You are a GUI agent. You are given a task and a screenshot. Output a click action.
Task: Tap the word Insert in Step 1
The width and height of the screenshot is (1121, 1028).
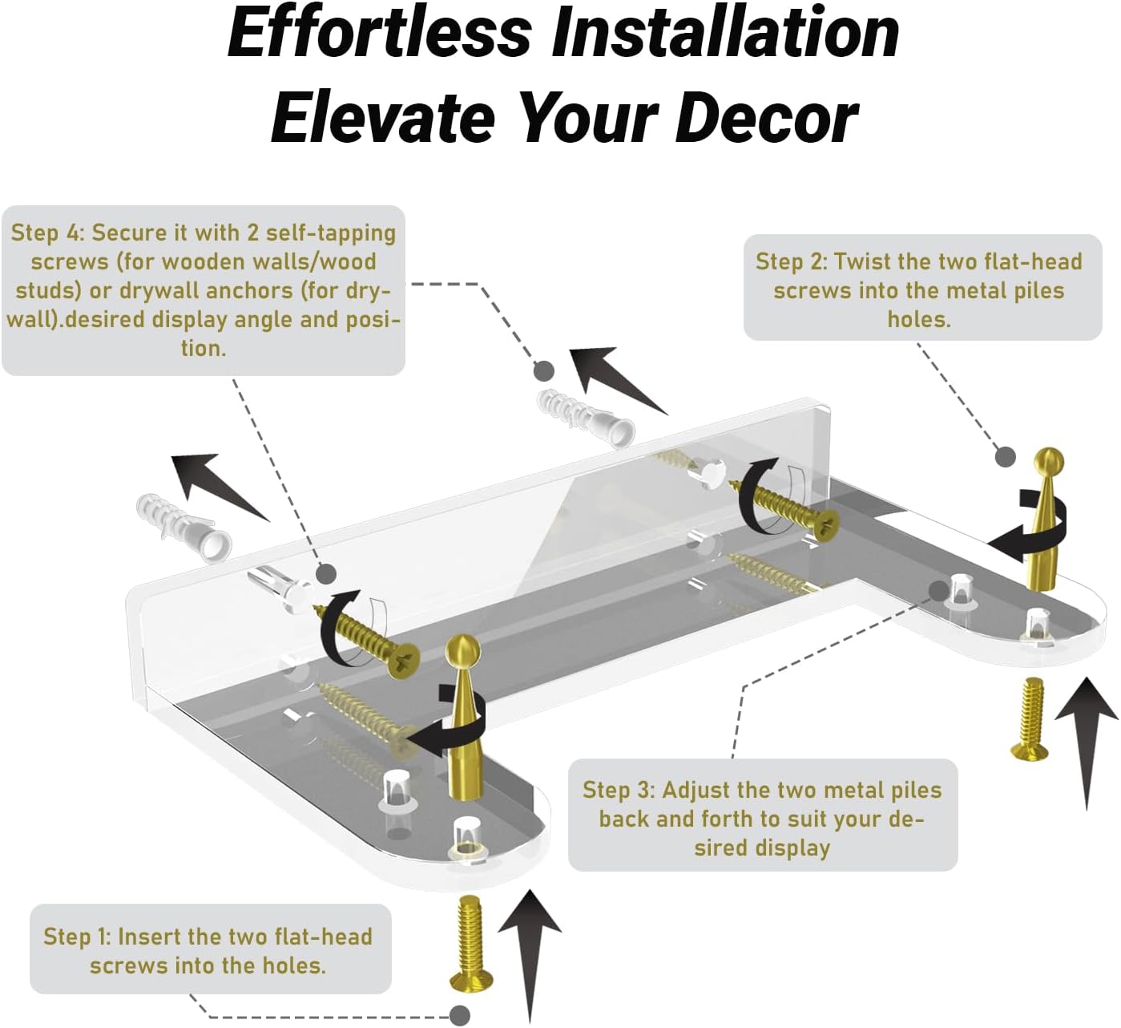[148, 937]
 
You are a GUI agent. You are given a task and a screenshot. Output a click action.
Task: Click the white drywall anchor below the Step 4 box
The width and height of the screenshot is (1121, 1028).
[183, 527]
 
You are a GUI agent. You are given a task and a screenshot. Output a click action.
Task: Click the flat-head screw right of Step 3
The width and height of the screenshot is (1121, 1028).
[1030, 718]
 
